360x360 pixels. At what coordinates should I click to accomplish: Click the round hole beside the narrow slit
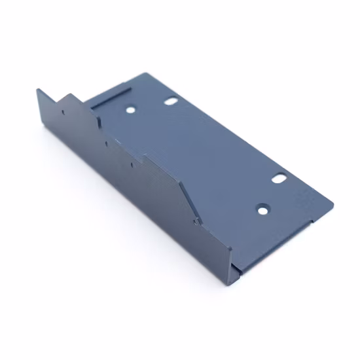coord(131,111)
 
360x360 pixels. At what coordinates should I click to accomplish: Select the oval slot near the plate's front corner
coord(280,177)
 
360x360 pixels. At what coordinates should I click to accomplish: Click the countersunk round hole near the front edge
coord(262,210)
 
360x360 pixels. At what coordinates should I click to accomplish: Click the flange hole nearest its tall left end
coord(63,111)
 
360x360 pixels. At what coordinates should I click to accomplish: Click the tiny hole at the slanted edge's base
coord(198,221)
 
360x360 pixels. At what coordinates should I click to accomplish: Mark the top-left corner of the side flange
coord(37,89)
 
